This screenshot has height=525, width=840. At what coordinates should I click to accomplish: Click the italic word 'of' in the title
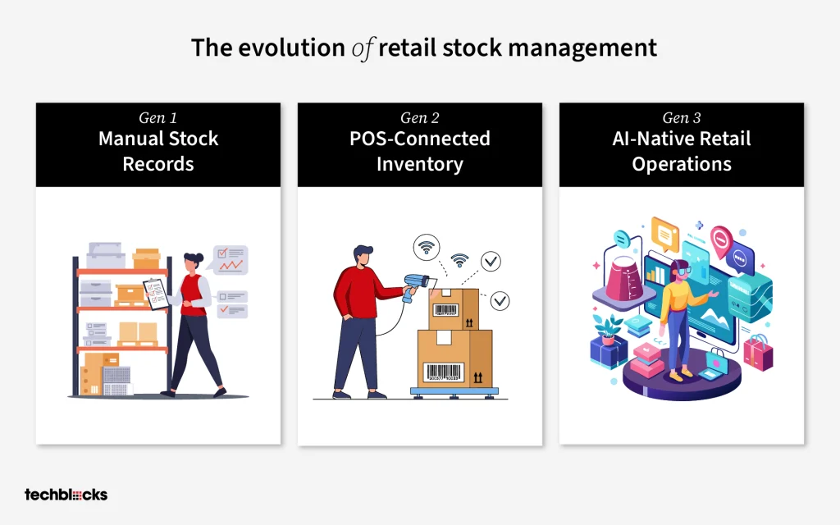tap(363, 48)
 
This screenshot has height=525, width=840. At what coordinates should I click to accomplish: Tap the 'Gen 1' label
tap(158, 117)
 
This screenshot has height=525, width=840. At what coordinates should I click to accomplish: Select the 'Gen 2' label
tap(419, 117)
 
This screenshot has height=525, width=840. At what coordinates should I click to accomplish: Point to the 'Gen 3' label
tap(682, 117)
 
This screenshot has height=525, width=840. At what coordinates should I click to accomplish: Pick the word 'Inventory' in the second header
tap(419, 164)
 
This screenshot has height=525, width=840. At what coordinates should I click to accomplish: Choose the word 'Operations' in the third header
tap(682, 164)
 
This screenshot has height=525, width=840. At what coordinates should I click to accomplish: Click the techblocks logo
tap(66, 495)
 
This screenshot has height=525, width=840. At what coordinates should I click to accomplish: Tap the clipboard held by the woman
tap(156, 294)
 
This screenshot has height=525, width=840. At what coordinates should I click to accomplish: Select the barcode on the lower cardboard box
tap(443, 372)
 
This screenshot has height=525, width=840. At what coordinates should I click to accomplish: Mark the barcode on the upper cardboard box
tap(445, 309)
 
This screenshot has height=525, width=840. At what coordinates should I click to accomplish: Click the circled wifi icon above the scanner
tap(427, 248)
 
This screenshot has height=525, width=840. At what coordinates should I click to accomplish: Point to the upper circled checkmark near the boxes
tap(491, 261)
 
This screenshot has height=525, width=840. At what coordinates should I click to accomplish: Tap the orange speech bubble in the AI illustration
tap(664, 235)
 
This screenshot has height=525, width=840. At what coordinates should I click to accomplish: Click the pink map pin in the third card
tap(721, 240)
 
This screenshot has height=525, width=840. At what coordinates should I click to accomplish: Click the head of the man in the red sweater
tap(363, 256)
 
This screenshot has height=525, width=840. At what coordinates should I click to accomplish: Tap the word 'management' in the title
tap(582, 48)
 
